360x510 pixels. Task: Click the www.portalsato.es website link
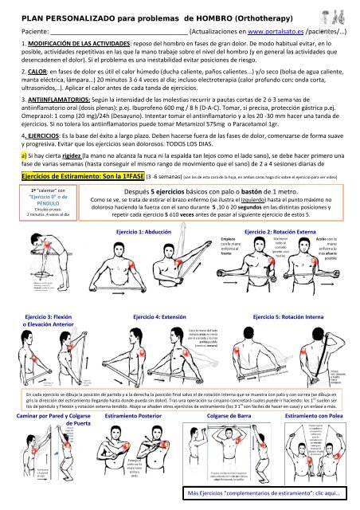[272, 30]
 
